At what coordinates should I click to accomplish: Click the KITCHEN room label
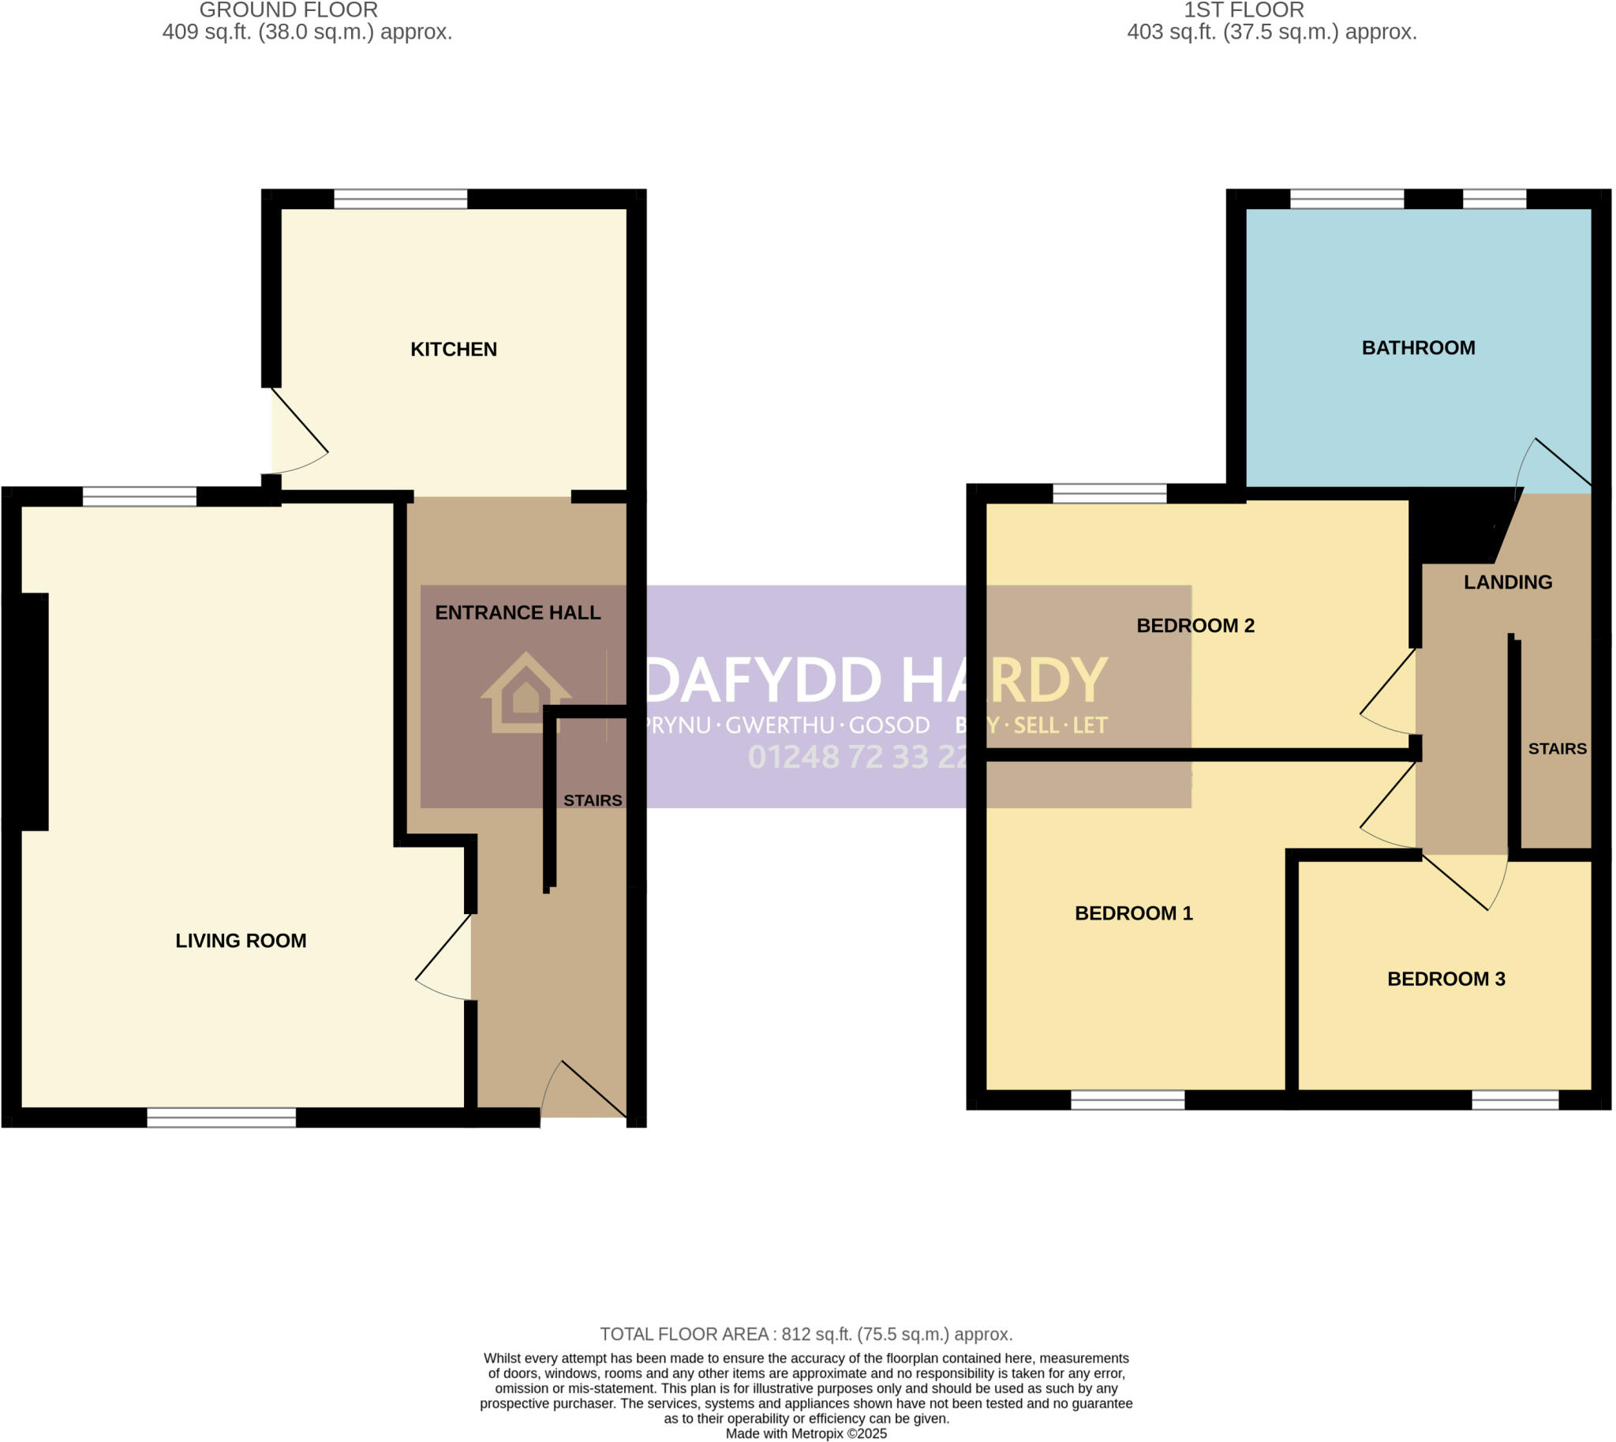click(453, 350)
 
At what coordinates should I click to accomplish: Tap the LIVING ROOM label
click(241, 941)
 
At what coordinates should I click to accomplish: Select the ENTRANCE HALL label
click(518, 612)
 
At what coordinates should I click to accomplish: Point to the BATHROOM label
click(1418, 348)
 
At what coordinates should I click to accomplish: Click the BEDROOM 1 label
click(1133, 912)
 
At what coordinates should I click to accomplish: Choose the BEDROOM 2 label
click(1195, 625)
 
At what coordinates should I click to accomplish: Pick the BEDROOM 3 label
click(1446, 979)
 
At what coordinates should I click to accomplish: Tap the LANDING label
click(1507, 582)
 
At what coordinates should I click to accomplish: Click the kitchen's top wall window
click(400, 199)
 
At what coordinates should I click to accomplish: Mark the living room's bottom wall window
click(221, 1117)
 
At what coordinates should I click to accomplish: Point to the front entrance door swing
click(586, 1092)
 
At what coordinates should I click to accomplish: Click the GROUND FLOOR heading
click(288, 10)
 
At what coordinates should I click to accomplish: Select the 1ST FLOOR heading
click(1244, 10)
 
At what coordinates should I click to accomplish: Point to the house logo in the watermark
click(526, 692)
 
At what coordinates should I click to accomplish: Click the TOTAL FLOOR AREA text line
click(806, 1334)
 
